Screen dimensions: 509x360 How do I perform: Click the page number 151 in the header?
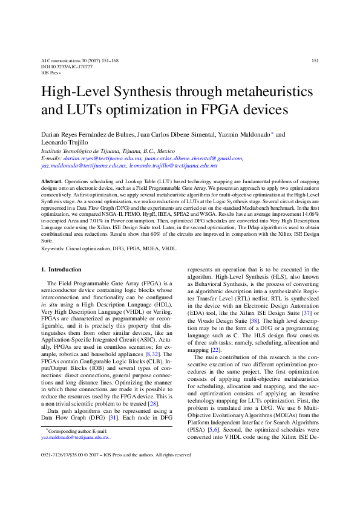pos(315,61)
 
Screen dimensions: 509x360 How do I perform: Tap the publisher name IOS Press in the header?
pos(51,73)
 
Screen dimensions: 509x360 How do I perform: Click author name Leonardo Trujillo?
pos(61,143)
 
